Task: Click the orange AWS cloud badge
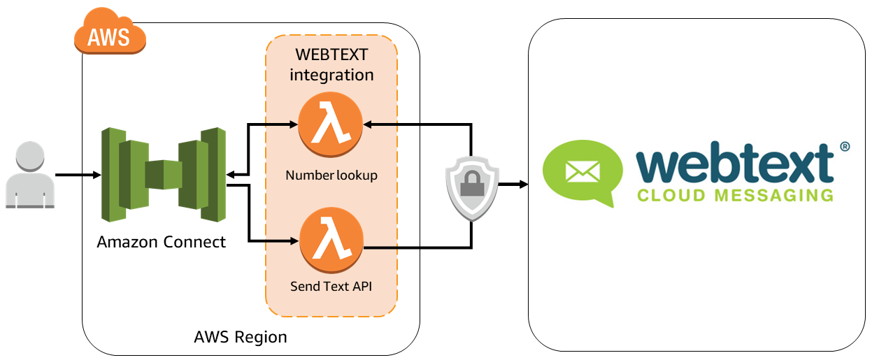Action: point(110,33)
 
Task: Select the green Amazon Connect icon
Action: point(163,168)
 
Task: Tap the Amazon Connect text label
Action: point(162,242)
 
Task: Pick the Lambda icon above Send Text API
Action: point(331,240)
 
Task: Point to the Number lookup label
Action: point(331,175)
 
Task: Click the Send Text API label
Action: point(331,286)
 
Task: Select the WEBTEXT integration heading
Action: point(331,64)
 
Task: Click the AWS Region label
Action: point(240,337)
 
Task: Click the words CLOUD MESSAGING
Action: point(735,194)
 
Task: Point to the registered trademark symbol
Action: point(844,146)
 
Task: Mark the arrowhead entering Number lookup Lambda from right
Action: point(368,124)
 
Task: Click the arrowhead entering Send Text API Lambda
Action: point(293,241)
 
